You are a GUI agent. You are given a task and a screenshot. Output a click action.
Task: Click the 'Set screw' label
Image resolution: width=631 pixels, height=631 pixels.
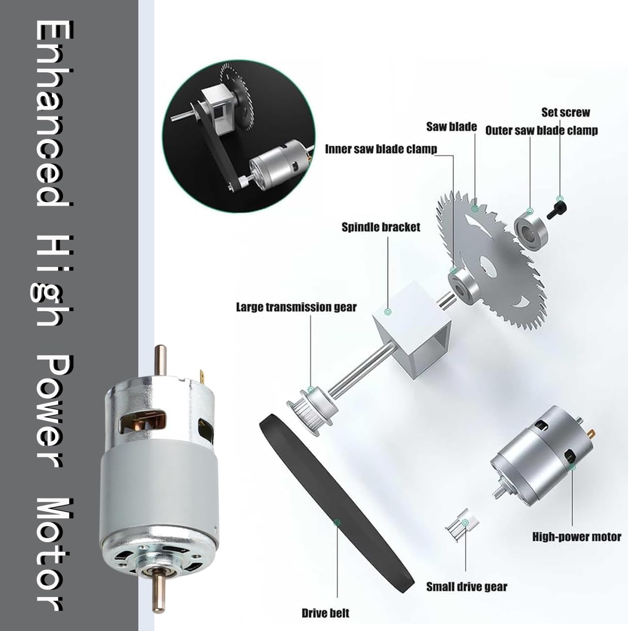tap(565, 112)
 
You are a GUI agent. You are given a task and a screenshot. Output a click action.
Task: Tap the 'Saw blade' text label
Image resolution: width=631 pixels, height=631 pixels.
tap(451, 127)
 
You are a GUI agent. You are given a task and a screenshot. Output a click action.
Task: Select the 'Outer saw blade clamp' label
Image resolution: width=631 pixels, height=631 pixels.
tap(541, 131)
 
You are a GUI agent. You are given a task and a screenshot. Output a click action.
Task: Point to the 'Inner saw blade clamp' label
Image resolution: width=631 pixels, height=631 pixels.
tap(381, 149)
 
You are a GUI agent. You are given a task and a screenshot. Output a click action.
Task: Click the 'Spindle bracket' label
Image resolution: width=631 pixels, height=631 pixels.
tap(381, 227)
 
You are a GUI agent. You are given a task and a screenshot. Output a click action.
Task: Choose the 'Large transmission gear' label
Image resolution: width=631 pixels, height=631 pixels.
tap(297, 307)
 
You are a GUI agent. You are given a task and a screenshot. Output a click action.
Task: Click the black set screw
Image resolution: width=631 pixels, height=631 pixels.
tap(557, 210)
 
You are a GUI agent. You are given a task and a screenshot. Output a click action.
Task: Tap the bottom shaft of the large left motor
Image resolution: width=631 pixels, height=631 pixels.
tap(159, 589)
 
